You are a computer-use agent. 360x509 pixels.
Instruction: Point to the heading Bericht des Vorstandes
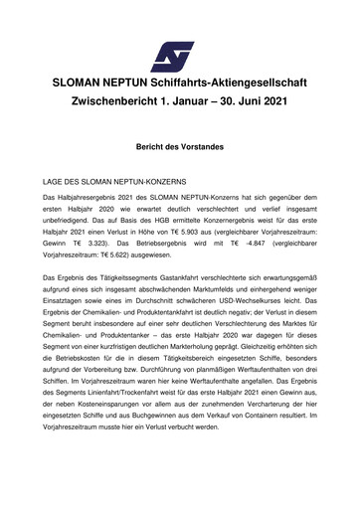179,146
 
